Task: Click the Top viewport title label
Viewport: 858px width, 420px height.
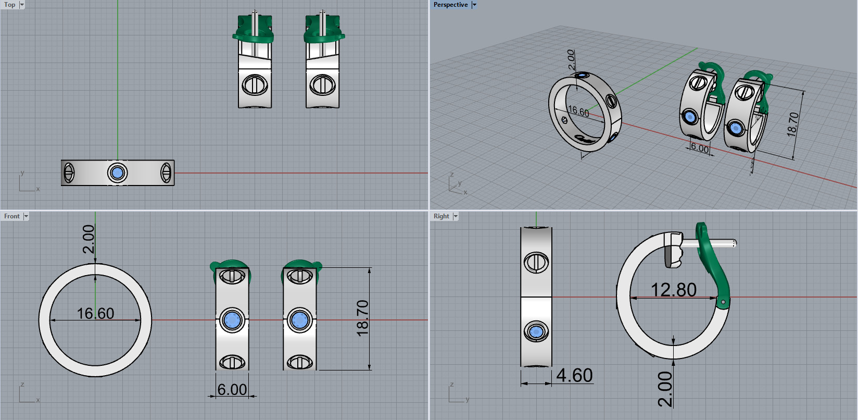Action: point(10,5)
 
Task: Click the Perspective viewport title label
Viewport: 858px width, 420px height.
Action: point(450,5)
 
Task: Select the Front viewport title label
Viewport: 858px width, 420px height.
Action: point(11,216)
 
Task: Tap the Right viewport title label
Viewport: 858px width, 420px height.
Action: point(441,216)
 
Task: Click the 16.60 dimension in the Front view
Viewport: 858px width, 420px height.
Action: point(95,313)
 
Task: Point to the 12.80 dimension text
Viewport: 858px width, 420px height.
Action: point(673,290)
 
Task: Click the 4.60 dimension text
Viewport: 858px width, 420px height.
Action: point(574,375)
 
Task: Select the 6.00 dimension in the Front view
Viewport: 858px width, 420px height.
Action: point(232,389)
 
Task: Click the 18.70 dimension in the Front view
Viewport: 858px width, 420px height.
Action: point(363,318)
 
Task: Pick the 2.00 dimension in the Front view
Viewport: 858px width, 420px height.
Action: point(89,239)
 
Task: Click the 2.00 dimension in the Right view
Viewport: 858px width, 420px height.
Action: point(665,389)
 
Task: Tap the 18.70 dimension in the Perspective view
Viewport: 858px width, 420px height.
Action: point(792,125)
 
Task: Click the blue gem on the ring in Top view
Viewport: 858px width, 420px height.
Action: point(118,172)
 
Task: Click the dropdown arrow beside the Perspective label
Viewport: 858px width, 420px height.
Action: point(474,5)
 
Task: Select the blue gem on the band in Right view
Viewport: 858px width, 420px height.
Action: point(536,331)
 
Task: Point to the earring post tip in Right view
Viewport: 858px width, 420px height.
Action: point(734,243)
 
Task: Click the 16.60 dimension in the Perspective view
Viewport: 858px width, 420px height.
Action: point(578,112)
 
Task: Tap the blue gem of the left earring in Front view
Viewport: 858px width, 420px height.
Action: point(232,320)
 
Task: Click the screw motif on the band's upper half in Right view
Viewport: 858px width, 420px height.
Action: point(536,262)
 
